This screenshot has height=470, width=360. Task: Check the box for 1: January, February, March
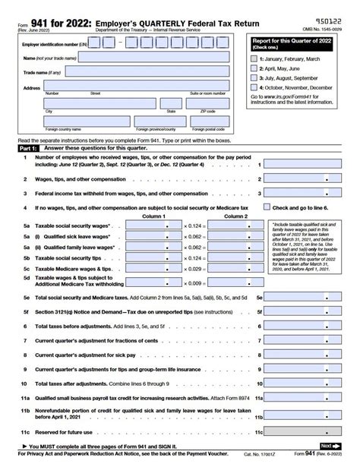(254, 58)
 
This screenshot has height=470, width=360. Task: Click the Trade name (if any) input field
(149, 73)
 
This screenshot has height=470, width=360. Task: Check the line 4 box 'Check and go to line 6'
(267, 207)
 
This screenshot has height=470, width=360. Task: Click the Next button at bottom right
(327, 446)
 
